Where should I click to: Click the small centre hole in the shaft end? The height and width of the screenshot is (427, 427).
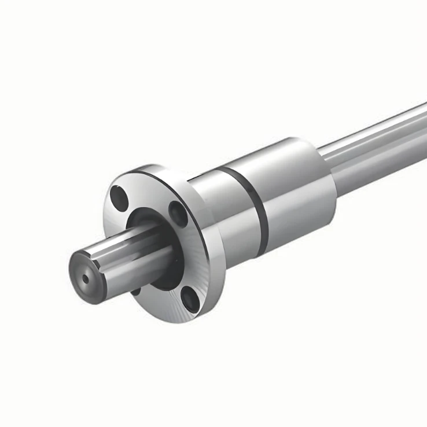point(86,279)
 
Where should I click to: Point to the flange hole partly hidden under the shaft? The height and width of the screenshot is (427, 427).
point(137,289)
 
